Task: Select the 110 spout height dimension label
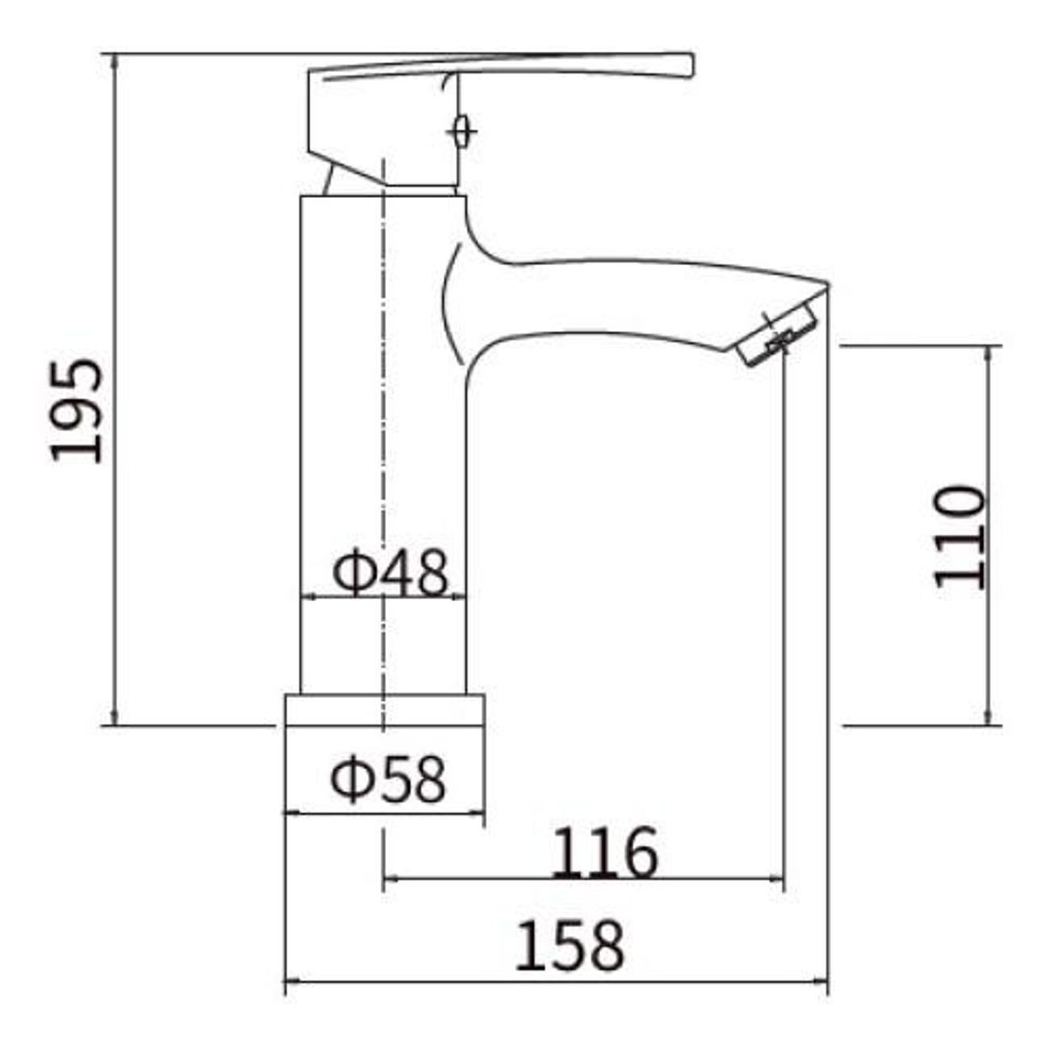(959, 537)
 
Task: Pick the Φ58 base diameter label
(388, 779)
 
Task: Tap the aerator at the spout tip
(779, 336)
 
